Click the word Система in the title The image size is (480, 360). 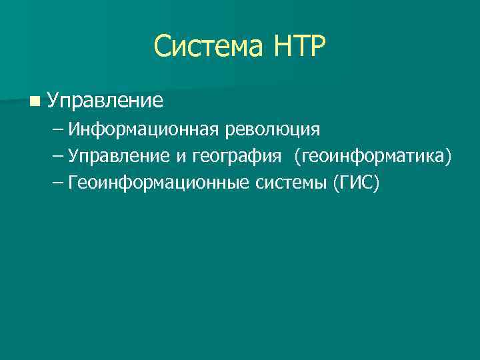point(208,47)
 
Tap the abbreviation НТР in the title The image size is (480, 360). point(298,47)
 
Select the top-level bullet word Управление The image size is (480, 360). point(105,101)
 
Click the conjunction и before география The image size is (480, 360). point(181,157)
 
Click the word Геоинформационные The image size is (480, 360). point(159,183)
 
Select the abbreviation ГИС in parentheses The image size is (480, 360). point(355,183)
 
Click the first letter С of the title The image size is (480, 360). point(163,47)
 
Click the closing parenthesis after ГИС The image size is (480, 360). point(375,183)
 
